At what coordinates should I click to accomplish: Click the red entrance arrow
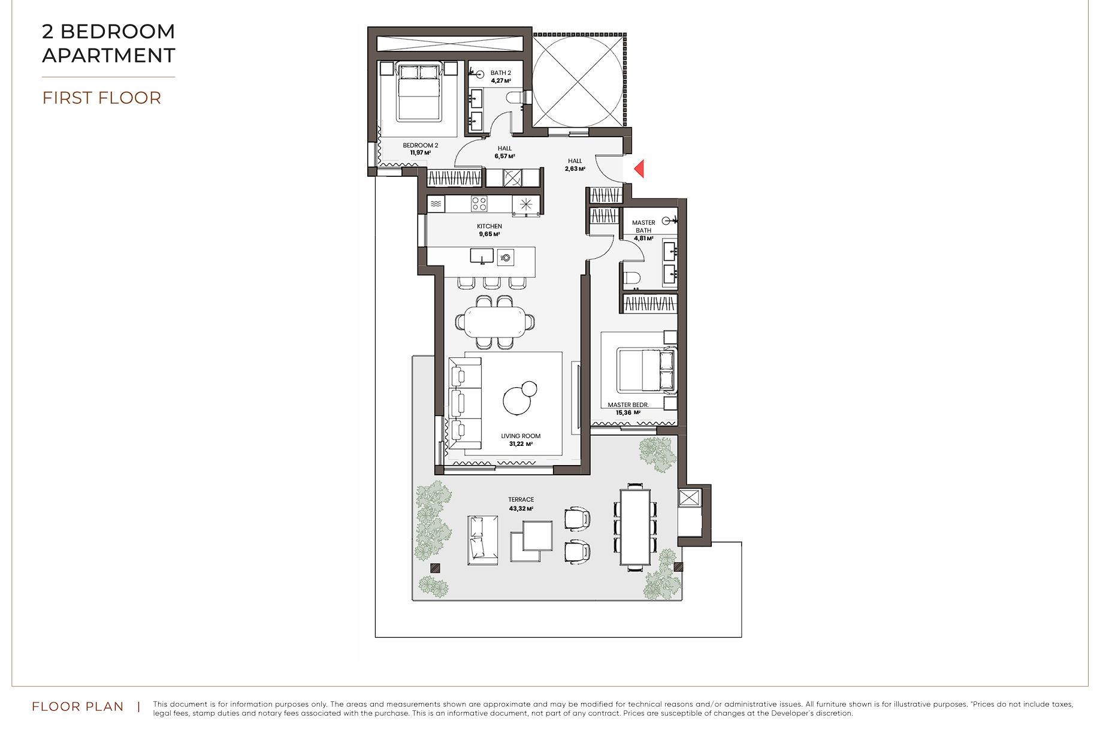[x=639, y=168]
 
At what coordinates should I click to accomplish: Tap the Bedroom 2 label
[x=421, y=145]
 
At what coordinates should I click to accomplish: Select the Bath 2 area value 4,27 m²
[x=501, y=81]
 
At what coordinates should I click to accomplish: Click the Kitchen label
[x=489, y=226]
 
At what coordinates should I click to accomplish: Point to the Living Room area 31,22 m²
[x=521, y=444]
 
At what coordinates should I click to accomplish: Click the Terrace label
[x=521, y=499]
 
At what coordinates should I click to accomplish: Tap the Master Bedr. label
[x=628, y=405]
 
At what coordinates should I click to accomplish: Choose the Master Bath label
[x=643, y=227]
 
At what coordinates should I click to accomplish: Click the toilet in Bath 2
[x=515, y=97]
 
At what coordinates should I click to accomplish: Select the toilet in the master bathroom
[x=631, y=278]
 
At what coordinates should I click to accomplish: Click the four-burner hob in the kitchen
[x=479, y=204]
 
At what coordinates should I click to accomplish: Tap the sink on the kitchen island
[x=482, y=257]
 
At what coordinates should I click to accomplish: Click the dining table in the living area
[x=495, y=322]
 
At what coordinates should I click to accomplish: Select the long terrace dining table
[x=635, y=526]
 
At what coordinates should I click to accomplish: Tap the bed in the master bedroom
[x=647, y=370]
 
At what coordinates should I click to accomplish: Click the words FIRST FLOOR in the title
[x=102, y=98]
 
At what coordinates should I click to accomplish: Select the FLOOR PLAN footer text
[x=78, y=707]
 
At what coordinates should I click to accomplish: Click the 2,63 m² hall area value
[x=575, y=169]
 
